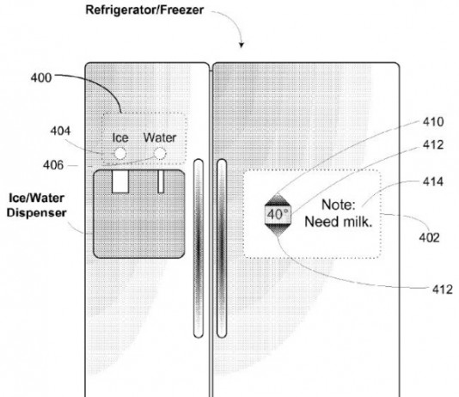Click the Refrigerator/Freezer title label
coord(144,10)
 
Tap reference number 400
coord(41,78)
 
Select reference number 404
coord(60,131)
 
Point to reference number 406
coord(53,165)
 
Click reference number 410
coord(433,122)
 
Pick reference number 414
coord(433,181)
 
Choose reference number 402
coord(430,237)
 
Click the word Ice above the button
coord(120,137)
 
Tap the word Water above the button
coord(160,137)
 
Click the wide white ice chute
coord(120,181)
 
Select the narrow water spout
coord(161,181)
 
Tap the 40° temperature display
coord(278,215)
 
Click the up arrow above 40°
coord(278,200)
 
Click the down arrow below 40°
coord(278,229)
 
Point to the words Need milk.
coord(339,222)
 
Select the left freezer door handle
coord(199,248)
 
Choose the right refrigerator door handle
coord(222,248)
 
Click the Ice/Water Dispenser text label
coord(37,205)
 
